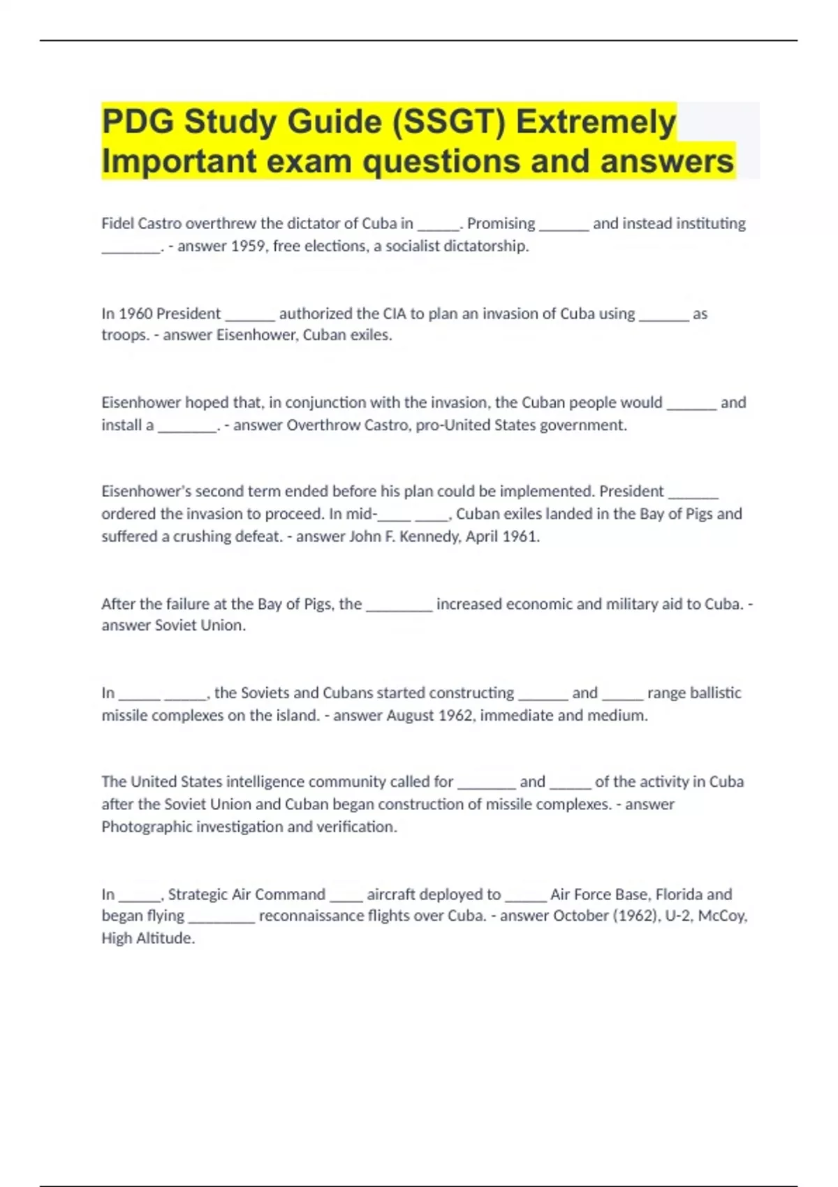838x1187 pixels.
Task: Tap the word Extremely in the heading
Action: tap(596, 122)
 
